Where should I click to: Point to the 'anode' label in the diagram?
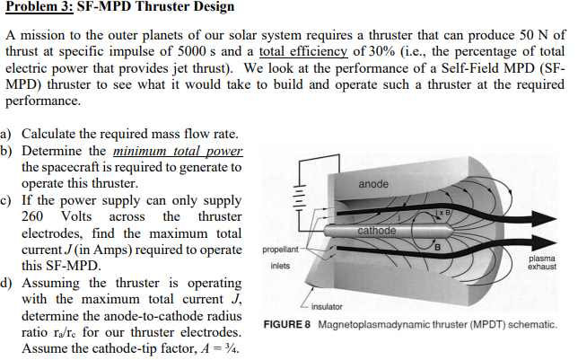point(373,184)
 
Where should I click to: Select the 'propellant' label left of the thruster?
point(281,251)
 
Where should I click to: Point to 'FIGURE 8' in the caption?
point(285,324)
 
